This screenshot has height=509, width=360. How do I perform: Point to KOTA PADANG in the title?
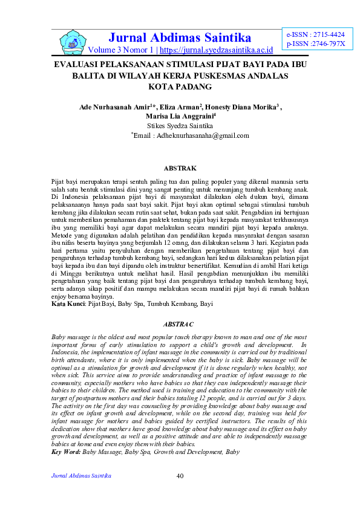tap(180, 87)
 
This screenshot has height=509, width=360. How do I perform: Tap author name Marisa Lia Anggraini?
tap(179, 117)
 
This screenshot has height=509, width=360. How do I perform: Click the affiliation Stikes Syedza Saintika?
tap(180, 126)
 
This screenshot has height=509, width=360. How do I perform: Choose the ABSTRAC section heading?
tap(180, 325)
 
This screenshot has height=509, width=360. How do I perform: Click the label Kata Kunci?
tap(68, 305)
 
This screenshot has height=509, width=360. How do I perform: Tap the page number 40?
tap(180, 476)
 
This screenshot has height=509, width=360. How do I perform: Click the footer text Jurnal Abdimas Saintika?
tap(80, 476)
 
